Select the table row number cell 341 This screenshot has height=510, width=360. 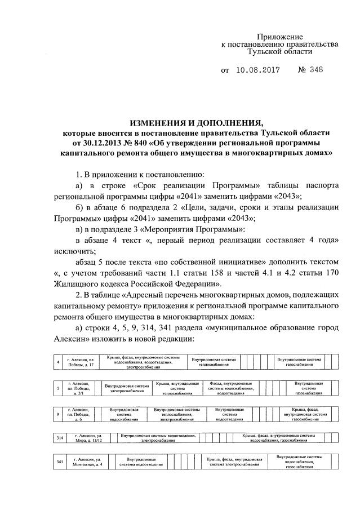point(59,462)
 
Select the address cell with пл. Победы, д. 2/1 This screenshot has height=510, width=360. point(79,388)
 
